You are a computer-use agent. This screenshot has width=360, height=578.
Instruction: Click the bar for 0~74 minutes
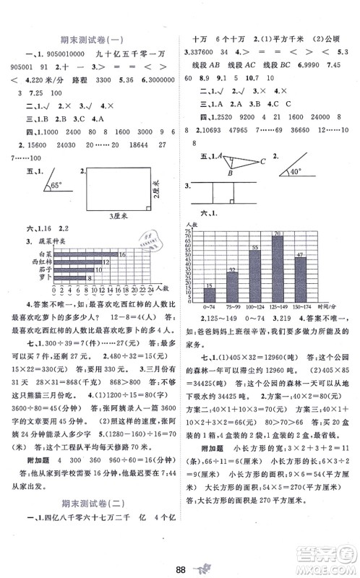point(210,296)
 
